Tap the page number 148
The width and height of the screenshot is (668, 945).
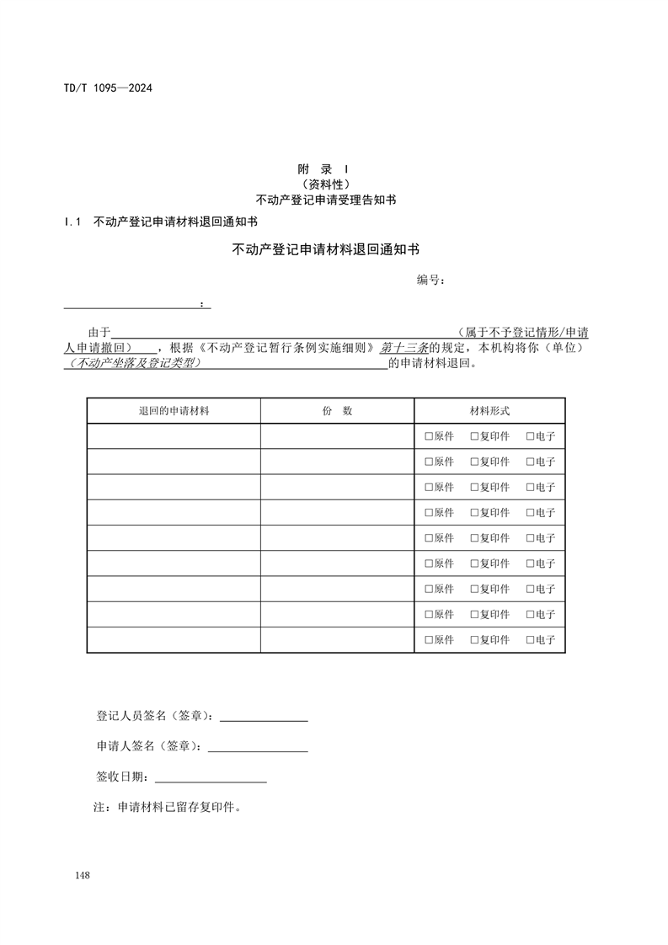(x=82, y=876)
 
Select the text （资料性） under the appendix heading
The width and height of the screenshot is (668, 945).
(x=325, y=184)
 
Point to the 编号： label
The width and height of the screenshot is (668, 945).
(x=430, y=280)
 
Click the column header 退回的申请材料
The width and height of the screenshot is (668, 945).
(x=174, y=411)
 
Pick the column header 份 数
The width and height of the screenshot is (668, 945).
(x=337, y=411)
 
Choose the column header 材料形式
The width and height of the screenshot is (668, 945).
(x=489, y=411)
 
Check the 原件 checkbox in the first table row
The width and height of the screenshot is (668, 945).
(x=429, y=437)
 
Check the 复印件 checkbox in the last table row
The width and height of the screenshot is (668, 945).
(x=474, y=640)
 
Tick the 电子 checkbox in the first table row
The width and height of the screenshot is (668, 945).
(x=530, y=437)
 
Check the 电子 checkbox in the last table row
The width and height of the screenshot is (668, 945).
(x=530, y=640)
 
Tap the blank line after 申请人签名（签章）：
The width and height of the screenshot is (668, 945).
(x=258, y=746)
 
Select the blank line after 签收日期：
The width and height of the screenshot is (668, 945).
(x=211, y=777)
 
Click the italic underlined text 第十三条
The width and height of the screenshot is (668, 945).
(x=405, y=348)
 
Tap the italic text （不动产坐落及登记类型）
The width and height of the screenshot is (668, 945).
(x=136, y=364)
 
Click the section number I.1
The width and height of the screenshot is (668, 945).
(x=72, y=222)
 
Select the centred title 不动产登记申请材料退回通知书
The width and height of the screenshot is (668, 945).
(x=325, y=249)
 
